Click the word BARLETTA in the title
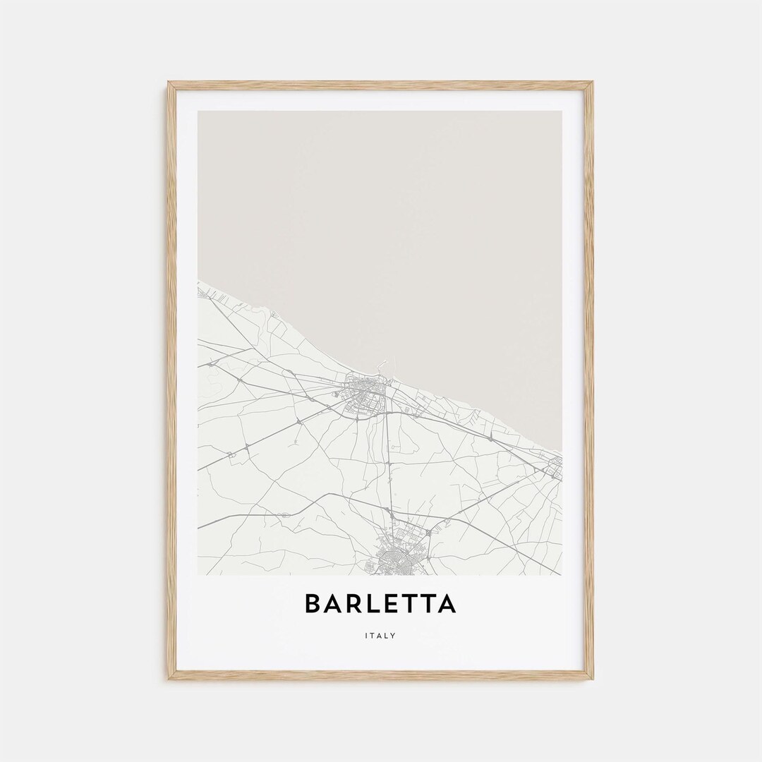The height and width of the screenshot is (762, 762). click(381, 604)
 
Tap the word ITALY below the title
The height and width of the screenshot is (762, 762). click(381, 636)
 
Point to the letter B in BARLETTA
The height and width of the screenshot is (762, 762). click(314, 604)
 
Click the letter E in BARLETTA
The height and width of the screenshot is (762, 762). click(394, 604)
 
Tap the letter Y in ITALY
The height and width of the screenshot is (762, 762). click(394, 636)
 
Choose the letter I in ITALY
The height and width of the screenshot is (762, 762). click(367, 636)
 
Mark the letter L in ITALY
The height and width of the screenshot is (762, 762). click(387, 636)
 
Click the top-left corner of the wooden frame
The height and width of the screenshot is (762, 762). click(169, 83)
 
